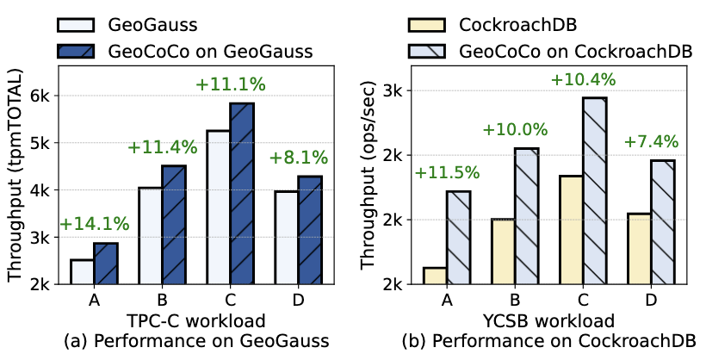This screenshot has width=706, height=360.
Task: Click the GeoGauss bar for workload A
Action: pyautogui.click(x=83, y=271)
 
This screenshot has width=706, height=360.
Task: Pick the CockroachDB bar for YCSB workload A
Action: pyautogui.click(x=436, y=276)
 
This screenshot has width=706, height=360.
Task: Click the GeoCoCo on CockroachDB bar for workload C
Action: pyautogui.click(x=595, y=190)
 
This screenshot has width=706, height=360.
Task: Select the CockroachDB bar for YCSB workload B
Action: pyautogui.click(x=503, y=251)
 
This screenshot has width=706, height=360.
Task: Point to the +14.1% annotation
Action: pyautogui.click(x=94, y=224)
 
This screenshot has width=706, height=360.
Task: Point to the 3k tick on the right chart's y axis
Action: pyautogui.click(x=400, y=90)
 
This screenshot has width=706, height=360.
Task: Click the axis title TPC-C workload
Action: pyautogui.click(x=195, y=322)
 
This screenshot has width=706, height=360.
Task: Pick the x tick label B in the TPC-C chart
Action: pyautogui.click(x=161, y=301)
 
